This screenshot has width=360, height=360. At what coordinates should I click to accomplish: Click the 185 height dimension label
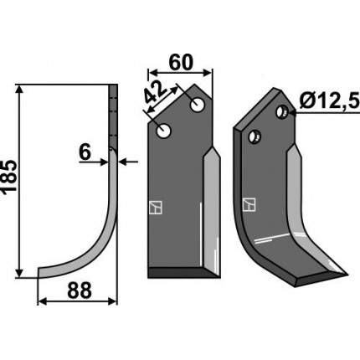tap(9, 176)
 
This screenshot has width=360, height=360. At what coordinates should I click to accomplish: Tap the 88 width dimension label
tap(80, 291)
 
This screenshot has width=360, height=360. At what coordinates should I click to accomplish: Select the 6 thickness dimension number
tap(85, 152)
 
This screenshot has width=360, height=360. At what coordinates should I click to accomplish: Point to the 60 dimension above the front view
tap(181, 63)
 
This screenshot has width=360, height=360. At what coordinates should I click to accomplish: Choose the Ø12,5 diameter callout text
tap(329, 101)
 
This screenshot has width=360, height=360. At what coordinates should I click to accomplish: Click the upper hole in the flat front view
tap(197, 105)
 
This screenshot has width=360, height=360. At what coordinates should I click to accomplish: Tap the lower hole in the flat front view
tap(163, 131)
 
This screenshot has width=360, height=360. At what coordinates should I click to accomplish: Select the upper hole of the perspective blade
tap(282, 111)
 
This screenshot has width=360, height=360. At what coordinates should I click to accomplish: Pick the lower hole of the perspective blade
tap(255, 136)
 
